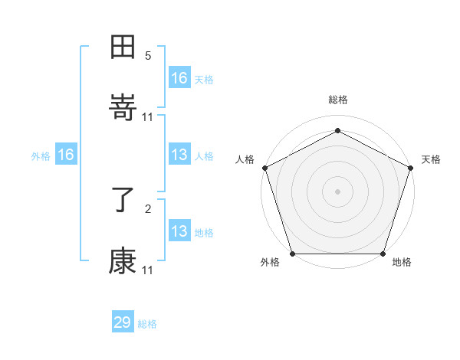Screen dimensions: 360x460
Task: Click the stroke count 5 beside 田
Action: (x=148, y=56)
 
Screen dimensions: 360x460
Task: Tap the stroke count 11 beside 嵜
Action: (x=148, y=116)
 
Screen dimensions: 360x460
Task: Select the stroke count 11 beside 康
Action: (x=148, y=270)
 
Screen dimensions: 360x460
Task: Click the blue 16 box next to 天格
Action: (x=179, y=78)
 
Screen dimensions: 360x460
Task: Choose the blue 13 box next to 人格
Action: (x=179, y=155)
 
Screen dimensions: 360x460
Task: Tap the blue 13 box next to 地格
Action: (x=179, y=231)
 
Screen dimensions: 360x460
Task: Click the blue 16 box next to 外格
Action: (x=66, y=155)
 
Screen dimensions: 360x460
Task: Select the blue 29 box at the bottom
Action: (x=123, y=322)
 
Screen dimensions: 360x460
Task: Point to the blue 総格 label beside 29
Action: (x=147, y=324)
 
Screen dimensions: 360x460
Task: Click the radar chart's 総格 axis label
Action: (x=338, y=100)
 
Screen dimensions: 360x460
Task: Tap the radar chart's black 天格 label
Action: (x=431, y=159)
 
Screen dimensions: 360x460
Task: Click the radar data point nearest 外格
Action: (x=292, y=254)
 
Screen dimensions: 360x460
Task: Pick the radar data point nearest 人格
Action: (x=264, y=167)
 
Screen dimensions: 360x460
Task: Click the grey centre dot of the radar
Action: (x=338, y=191)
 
